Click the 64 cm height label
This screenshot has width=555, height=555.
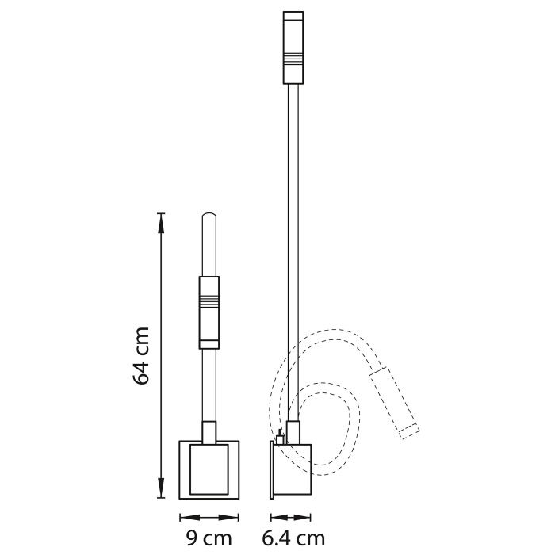pyautogui.click(x=142, y=356)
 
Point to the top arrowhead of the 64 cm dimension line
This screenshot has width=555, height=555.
pyautogui.click(x=162, y=219)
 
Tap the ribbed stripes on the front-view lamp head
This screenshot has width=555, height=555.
pyautogui.click(x=209, y=301)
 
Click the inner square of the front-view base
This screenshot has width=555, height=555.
pyautogui.click(x=209, y=469)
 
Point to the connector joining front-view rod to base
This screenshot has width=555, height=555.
pyautogui.click(x=209, y=432)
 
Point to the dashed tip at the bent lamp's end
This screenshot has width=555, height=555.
pyautogui.click(x=408, y=431)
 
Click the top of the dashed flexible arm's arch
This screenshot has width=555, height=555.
pyautogui.click(x=333, y=331)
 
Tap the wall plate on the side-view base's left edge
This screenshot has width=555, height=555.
pyautogui.click(x=271, y=469)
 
